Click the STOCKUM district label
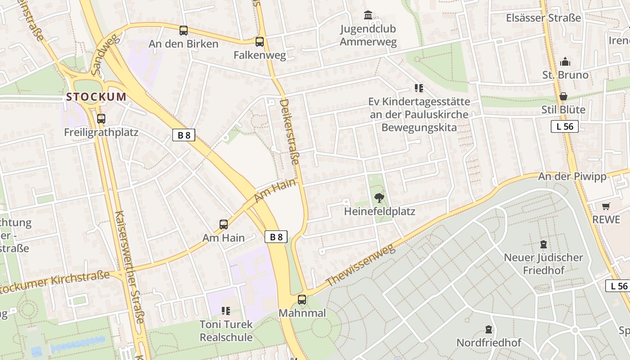coord(96,97)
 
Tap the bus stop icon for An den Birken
coord(184,31)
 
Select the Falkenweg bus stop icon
coord(260,42)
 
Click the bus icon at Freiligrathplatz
coord(101,119)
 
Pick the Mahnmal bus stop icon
coord(302,299)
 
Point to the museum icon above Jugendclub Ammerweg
coord(368,15)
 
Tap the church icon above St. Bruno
coord(565,62)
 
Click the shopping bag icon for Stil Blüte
coord(563,96)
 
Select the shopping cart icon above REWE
coord(606,206)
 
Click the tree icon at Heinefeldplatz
coord(379,197)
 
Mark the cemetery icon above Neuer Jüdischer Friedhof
coord(543,244)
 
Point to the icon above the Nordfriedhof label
coord(489,329)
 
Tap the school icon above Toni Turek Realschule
coord(226,310)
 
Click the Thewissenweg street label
coord(360,265)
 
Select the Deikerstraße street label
coord(289,132)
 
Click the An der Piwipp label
coord(572,176)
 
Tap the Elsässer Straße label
coord(543,18)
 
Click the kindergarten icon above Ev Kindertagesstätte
coord(419,88)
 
